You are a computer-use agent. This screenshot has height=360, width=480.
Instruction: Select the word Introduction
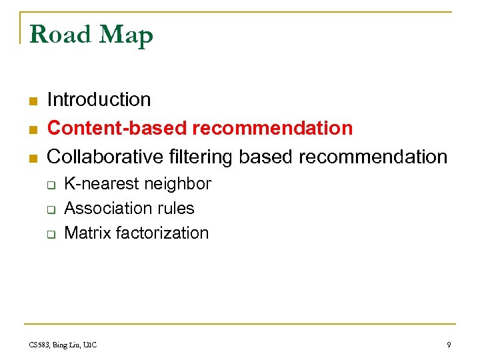[99, 100]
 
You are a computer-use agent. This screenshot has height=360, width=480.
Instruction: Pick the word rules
[175, 209]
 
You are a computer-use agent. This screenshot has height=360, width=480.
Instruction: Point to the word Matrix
[87, 233]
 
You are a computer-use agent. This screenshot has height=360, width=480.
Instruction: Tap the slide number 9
[449, 345]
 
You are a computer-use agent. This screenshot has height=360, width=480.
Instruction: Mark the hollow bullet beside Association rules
[50, 210]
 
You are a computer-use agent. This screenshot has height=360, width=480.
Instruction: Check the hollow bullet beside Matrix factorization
[50, 235]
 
